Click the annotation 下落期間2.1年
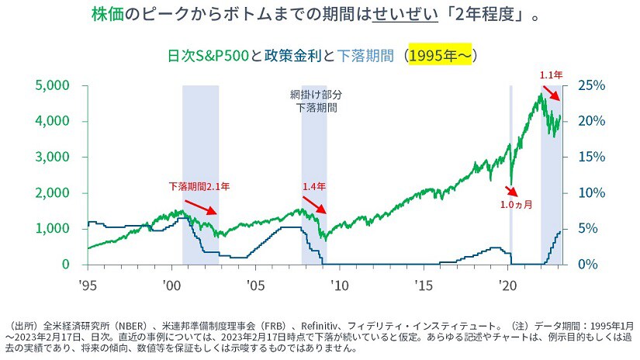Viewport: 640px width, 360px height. pyautogui.click(x=200, y=186)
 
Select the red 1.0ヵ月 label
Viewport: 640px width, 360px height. pyautogui.click(x=517, y=206)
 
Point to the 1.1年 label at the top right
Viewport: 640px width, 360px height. pyautogui.click(x=551, y=75)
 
